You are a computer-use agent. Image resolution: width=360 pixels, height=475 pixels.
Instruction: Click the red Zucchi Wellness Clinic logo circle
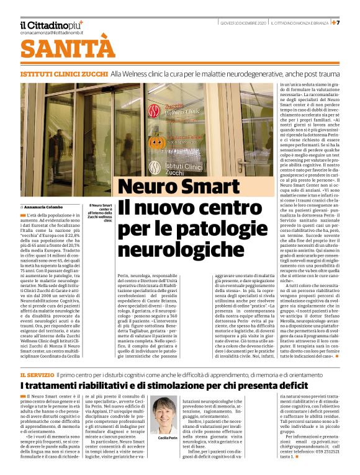point(153,112)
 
